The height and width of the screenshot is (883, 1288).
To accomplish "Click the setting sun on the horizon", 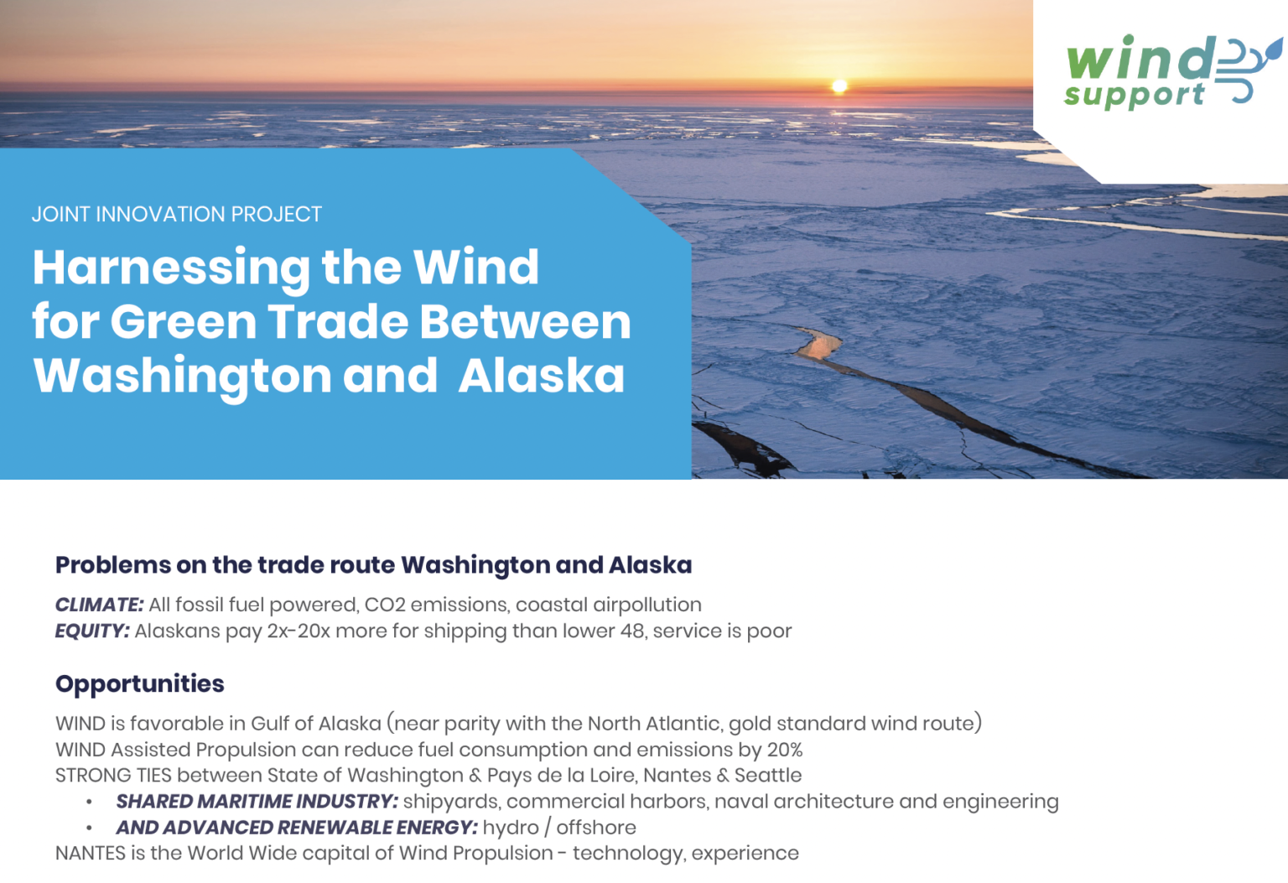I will [839, 86].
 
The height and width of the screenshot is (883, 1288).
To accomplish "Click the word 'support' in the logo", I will [1134, 96].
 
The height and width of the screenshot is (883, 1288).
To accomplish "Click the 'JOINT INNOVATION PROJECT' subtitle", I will [176, 215].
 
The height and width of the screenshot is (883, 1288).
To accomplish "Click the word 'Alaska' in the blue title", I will [542, 376].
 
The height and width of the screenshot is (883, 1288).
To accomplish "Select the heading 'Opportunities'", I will [139, 683].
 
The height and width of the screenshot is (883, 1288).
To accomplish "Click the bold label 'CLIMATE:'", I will [99, 605].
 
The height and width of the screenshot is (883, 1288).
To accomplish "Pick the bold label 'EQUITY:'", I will [92, 631].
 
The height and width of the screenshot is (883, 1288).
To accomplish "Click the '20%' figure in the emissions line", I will [784, 749].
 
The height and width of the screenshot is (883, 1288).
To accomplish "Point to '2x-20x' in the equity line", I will [299, 631].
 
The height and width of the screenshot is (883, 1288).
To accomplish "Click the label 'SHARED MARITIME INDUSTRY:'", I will [257, 801].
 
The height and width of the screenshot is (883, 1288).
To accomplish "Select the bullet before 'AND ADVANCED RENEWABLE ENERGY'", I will [89, 828].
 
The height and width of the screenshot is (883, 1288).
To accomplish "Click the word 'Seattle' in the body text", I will [767, 775].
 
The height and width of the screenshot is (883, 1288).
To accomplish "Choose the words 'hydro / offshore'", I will [558, 828].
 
